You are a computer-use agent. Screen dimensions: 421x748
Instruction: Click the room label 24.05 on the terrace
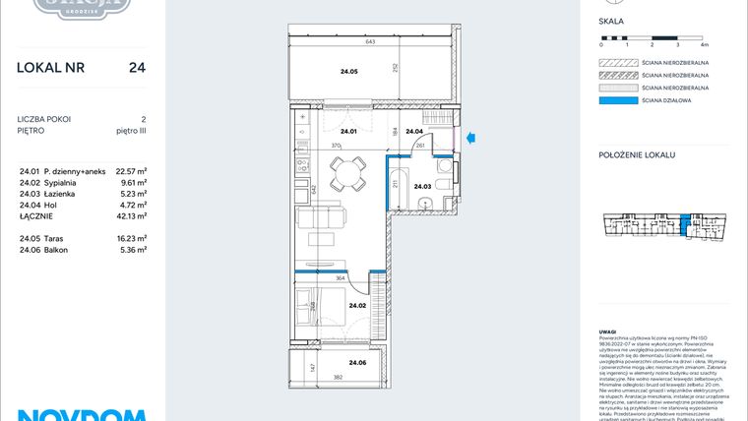(x=348, y=72)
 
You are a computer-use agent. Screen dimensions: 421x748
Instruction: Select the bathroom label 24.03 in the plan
(x=422, y=186)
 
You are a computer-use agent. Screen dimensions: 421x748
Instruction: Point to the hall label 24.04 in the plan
(x=414, y=132)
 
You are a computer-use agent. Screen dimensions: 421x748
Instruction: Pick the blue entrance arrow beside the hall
(x=472, y=139)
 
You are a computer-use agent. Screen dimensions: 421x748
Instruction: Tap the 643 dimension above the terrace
(x=371, y=42)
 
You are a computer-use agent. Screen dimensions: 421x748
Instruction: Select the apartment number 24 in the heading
(x=138, y=68)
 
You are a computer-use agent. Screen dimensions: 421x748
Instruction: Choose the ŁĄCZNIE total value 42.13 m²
(x=131, y=215)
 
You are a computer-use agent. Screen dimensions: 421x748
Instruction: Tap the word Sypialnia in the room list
(x=61, y=182)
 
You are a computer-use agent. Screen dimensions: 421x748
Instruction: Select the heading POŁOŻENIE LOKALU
(x=636, y=156)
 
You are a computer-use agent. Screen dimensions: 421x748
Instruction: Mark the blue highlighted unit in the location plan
(x=686, y=225)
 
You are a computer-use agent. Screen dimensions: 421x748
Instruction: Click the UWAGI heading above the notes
(x=608, y=331)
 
